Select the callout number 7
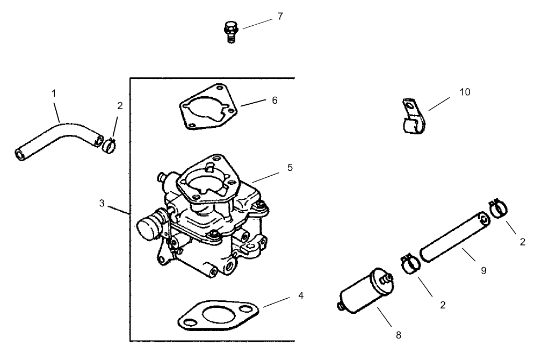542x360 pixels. coord(280,16)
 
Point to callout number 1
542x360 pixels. coord(54,93)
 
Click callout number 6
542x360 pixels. coord(274,100)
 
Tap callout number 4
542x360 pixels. coord(300,296)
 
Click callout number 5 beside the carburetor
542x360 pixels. coord(290,167)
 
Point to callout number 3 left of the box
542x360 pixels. coord(102,203)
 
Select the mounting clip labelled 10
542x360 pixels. coord(413,118)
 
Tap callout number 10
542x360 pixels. coord(464,92)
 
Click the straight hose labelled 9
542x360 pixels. coord(453,236)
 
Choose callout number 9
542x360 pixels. coord(483,271)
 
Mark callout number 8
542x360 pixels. coord(398,335)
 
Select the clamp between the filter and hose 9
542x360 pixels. coord(410,264)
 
